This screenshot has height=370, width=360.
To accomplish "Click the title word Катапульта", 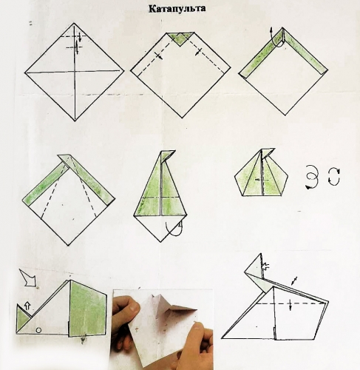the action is pyautogui.click(x=177, y=9).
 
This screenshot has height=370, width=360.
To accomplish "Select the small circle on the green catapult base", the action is pyautogui.click(x=38, y=330).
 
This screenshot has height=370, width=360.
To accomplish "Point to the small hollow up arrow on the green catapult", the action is pyautogui.click(x=27, y=306).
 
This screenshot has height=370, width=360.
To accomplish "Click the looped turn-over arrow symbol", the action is pyautogui.click(x=312, y=177).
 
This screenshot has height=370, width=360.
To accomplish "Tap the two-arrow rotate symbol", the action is pyautogui.click(x=334, y=177).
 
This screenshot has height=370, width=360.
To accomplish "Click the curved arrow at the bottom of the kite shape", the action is pyautogui.click(x=174, y=229).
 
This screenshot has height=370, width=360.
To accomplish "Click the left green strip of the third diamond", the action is pyautogui.click(x=262, y=55).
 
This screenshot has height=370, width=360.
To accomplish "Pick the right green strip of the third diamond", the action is pyautogui.click(x=305, y=52).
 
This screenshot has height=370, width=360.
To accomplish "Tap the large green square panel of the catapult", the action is pyautogui.click(x=88, y=309).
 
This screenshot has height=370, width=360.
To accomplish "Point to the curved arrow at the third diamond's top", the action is pyautogui.click(x=276, y=38).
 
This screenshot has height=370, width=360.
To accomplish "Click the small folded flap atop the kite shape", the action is pyautogui.click(x=167, y=156).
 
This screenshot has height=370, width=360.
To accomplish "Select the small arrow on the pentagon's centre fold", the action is pyautogui.click(x=259, y=180).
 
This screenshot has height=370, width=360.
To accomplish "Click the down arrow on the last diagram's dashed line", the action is pyautogui.click(x=291, y=304).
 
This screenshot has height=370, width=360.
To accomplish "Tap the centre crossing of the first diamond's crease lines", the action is pyautogui.click(x=75, y=72).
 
